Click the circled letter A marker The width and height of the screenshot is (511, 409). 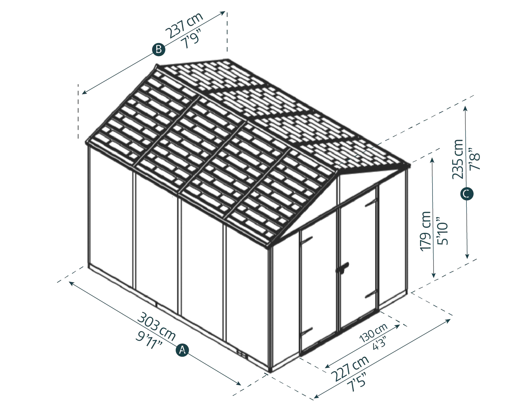pyautogui.click(x=182, y=350)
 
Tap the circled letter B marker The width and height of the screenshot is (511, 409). pyautogui.click(x=159, y=50)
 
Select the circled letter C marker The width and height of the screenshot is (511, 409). pyautogui.click(x=467, y=194)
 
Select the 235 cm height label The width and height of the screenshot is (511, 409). pyautogui.click(x=457, y=159)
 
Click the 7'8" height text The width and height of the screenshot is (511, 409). pyautogui.click(x=475, y=159)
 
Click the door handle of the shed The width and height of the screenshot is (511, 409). pyautogui.click(x=342, y=267)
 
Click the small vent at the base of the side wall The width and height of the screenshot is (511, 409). pyautogui.click(x=242, y=354)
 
